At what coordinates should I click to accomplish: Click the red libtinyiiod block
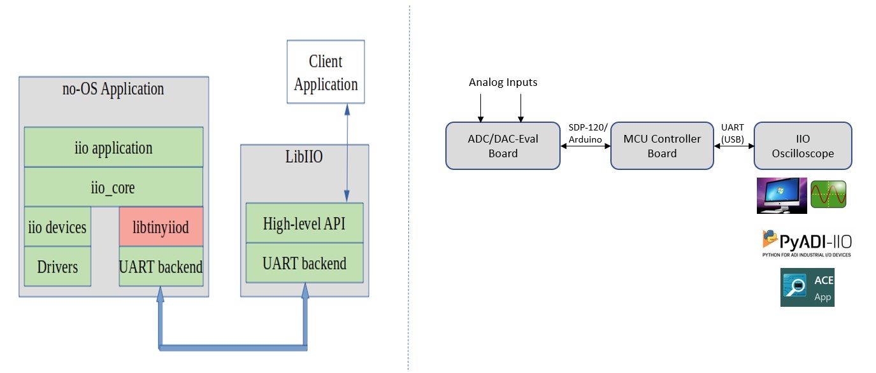161,227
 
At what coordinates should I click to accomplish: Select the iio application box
113,148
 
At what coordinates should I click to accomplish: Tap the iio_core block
113,188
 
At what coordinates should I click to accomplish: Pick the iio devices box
57,227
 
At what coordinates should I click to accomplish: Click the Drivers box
57,266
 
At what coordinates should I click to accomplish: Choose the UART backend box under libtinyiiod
161,266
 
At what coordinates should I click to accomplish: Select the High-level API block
304,223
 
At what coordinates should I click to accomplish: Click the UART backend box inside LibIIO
304,263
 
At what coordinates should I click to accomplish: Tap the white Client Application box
326,72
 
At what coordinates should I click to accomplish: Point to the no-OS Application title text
113,88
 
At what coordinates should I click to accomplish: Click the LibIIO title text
304,157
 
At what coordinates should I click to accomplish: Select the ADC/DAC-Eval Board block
503,146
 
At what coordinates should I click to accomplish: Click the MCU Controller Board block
662,146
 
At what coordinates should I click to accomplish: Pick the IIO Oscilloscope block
802,146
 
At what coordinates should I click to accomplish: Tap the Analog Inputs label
503,82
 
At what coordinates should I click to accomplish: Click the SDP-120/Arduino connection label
585,133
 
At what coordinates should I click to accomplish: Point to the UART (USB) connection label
733,133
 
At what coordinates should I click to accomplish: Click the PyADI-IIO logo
807,243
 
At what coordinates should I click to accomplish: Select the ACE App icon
807,288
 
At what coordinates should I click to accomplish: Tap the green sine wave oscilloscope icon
829,194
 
